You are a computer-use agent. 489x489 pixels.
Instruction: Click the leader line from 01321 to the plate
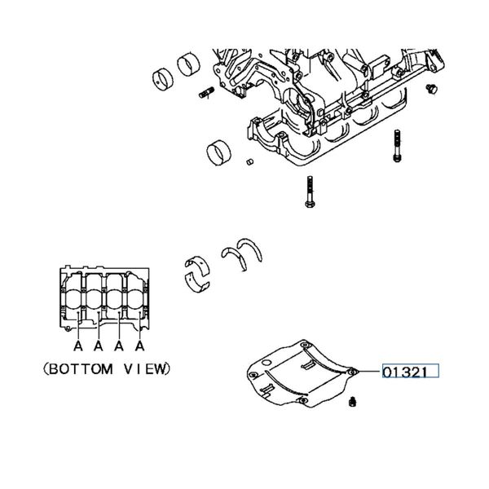pos(369,372)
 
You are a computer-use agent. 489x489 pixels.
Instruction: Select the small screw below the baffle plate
pos(353,402)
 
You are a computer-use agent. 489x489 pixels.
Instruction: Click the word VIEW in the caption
pos(149,368)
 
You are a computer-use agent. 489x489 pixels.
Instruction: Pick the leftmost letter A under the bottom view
pos(78,346)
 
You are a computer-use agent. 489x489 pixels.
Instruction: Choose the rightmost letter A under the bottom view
pos(139,346)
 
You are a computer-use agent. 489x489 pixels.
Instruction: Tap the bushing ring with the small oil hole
pos(165,80)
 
